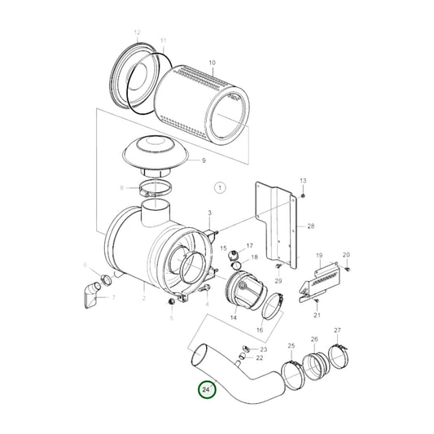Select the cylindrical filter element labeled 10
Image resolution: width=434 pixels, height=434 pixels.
(204, 103)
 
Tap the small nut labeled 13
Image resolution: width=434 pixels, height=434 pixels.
(303, 196)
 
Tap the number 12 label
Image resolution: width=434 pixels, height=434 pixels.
(137, 33)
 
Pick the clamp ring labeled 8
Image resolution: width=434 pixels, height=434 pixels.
(151, 191)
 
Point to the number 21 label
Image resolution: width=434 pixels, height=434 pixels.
(317, 314)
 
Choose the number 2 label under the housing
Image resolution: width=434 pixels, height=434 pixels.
(143, 299)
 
